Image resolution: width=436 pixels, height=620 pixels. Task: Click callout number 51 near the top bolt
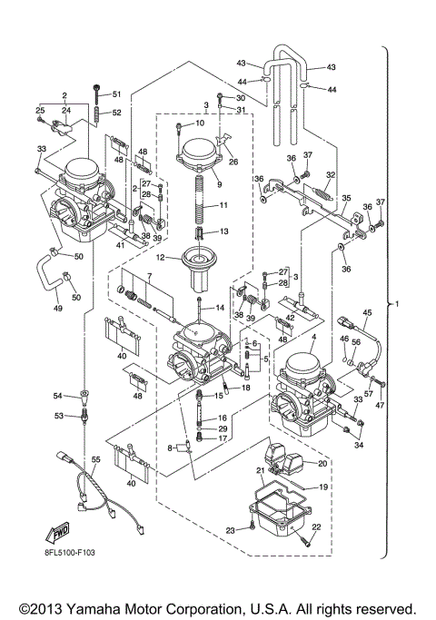[115, 94]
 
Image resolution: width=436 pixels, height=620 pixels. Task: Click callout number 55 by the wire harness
[91, 462]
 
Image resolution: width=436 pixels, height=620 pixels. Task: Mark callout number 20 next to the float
[321, 462]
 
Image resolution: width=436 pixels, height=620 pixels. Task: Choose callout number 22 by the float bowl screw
[316, 527]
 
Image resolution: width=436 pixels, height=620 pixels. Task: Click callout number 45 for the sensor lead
[367, 313]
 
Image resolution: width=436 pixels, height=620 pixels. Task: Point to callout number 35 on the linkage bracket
[344, 197]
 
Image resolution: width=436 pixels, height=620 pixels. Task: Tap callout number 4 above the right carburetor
[313, 339]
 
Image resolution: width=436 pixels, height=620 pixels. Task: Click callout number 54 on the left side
[57, 397]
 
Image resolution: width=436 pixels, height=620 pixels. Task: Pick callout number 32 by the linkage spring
[331, 174]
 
